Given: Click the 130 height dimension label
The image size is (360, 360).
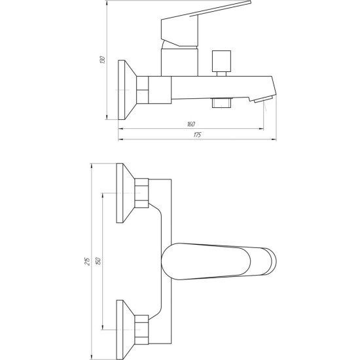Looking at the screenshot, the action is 103,60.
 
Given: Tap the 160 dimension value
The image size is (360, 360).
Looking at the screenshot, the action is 191,124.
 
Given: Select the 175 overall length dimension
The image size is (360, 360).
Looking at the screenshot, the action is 197,135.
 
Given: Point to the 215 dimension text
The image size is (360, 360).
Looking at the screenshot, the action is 87,261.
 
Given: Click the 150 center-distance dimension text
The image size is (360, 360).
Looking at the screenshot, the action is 98,261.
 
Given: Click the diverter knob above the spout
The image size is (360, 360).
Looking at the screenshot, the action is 221,63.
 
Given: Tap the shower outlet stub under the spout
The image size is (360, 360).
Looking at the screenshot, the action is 221,103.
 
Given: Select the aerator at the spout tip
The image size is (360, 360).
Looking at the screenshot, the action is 263,99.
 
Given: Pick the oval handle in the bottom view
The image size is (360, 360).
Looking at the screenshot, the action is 219,261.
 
